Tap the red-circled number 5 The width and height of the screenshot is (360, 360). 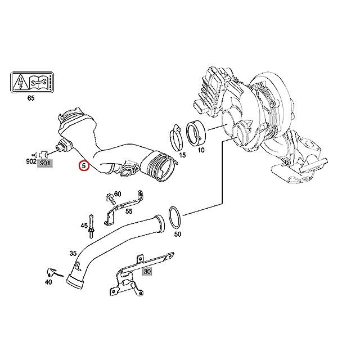[x=84, y=166]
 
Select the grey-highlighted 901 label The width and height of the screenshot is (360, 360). [x=44, y=163]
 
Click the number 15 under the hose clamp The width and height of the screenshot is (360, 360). [x=182, y=154]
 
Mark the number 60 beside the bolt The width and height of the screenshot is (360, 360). [x=117, y=195]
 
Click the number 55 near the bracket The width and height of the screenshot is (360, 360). [x=129, y=211]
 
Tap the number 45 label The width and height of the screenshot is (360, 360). [x=83, y=226]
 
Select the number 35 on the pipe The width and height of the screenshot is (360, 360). [x=73, y=253]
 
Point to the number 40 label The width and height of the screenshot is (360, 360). [x=48, y=282]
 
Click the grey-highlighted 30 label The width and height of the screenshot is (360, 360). [x=147, y=271]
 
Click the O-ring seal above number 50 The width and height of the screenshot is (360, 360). [x=175, y=217]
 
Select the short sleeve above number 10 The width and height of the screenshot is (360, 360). [x=197, y=135]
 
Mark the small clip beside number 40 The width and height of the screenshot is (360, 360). [x=51, y=271]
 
